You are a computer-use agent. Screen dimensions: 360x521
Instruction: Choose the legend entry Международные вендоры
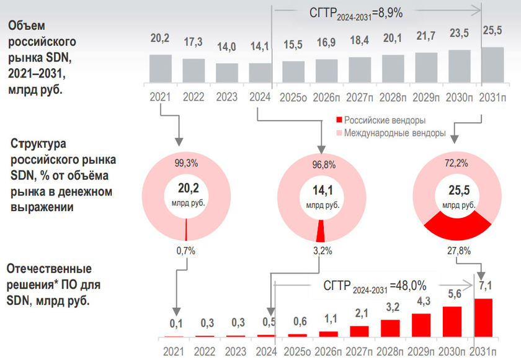point(390,133)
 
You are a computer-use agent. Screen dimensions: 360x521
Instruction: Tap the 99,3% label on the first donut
point(187,163)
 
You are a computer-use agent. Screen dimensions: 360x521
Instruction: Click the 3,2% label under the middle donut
point(321,251)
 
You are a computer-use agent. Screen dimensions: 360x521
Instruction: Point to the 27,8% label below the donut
point(458,251)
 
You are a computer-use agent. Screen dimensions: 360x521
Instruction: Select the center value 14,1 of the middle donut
point(321,191)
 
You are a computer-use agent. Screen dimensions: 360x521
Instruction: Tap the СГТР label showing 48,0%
point(374,286)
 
